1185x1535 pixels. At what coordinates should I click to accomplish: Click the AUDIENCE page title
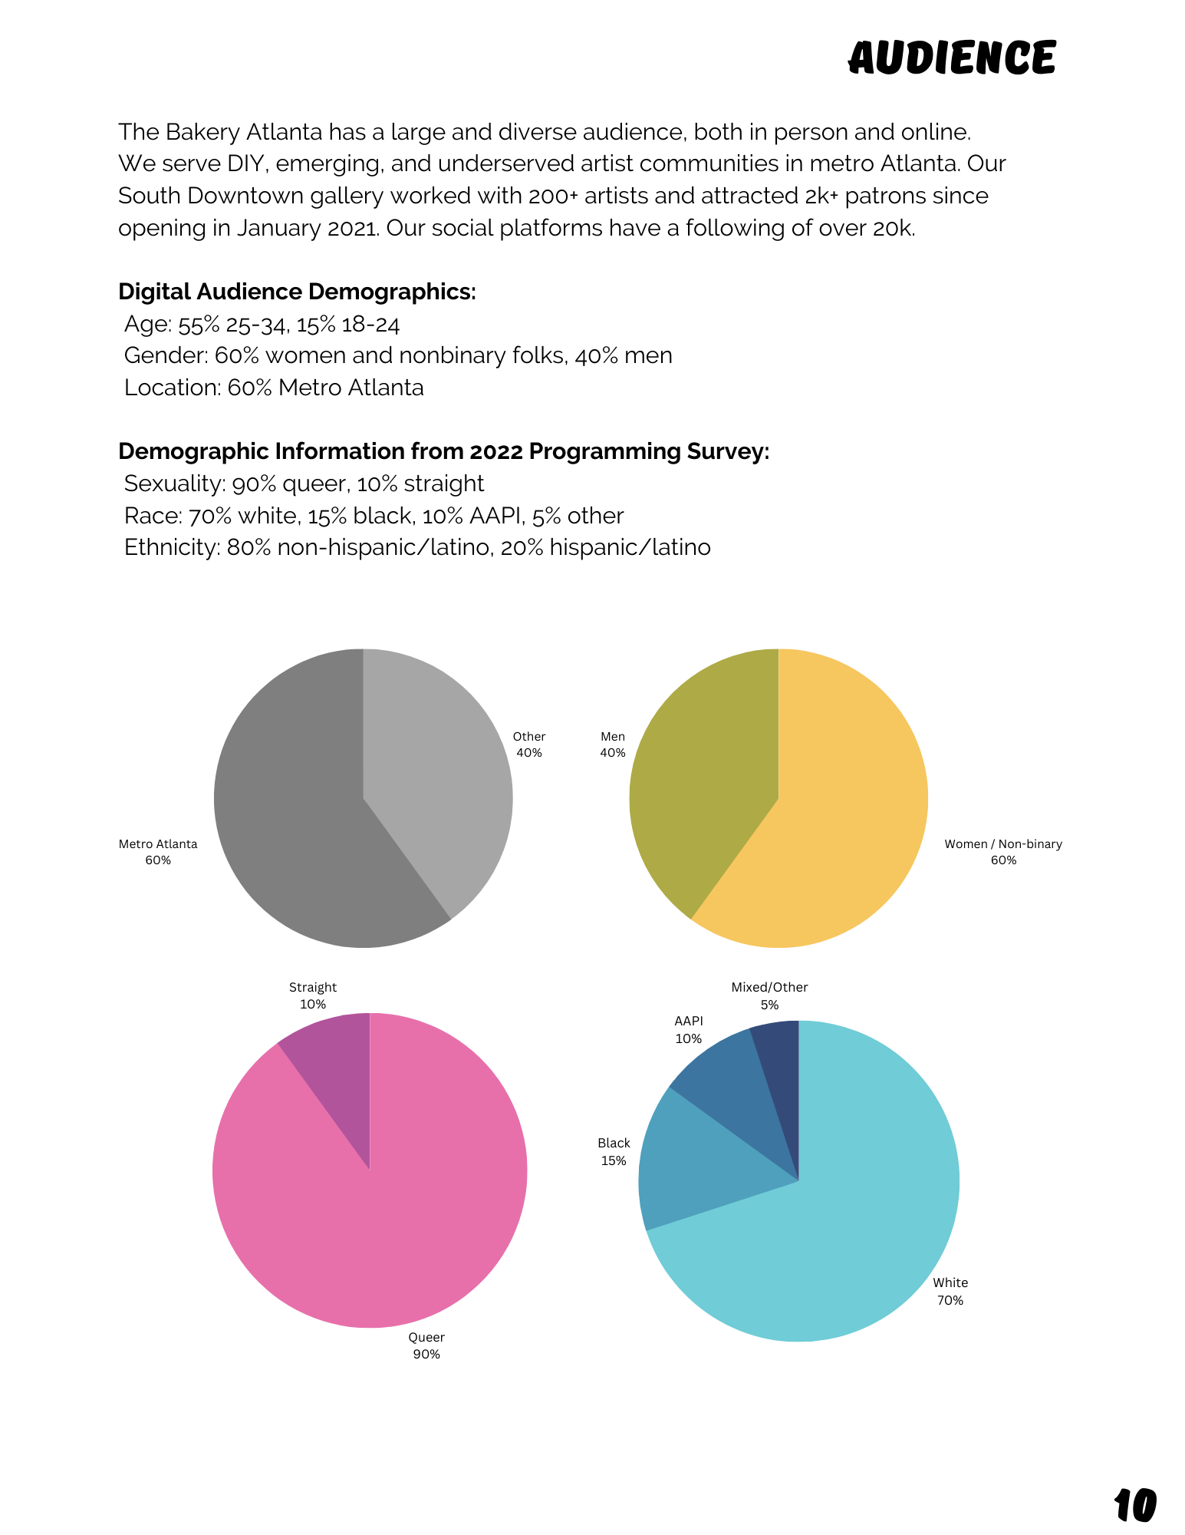pos(952,58)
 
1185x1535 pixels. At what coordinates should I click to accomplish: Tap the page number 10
pos(1134,1505)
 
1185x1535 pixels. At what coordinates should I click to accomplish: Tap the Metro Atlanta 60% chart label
pos(158,852)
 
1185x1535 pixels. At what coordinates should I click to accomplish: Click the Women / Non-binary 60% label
pos(1003,852)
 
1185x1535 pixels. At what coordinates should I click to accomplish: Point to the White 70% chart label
pos(950,1291)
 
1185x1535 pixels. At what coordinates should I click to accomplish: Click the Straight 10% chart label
pos(313,995)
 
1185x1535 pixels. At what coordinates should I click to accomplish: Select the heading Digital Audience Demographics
pos(297,292)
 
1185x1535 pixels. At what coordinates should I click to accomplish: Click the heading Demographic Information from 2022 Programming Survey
pos(443,451)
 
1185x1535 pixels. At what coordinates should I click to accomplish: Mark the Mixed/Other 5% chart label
pos(769,995)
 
